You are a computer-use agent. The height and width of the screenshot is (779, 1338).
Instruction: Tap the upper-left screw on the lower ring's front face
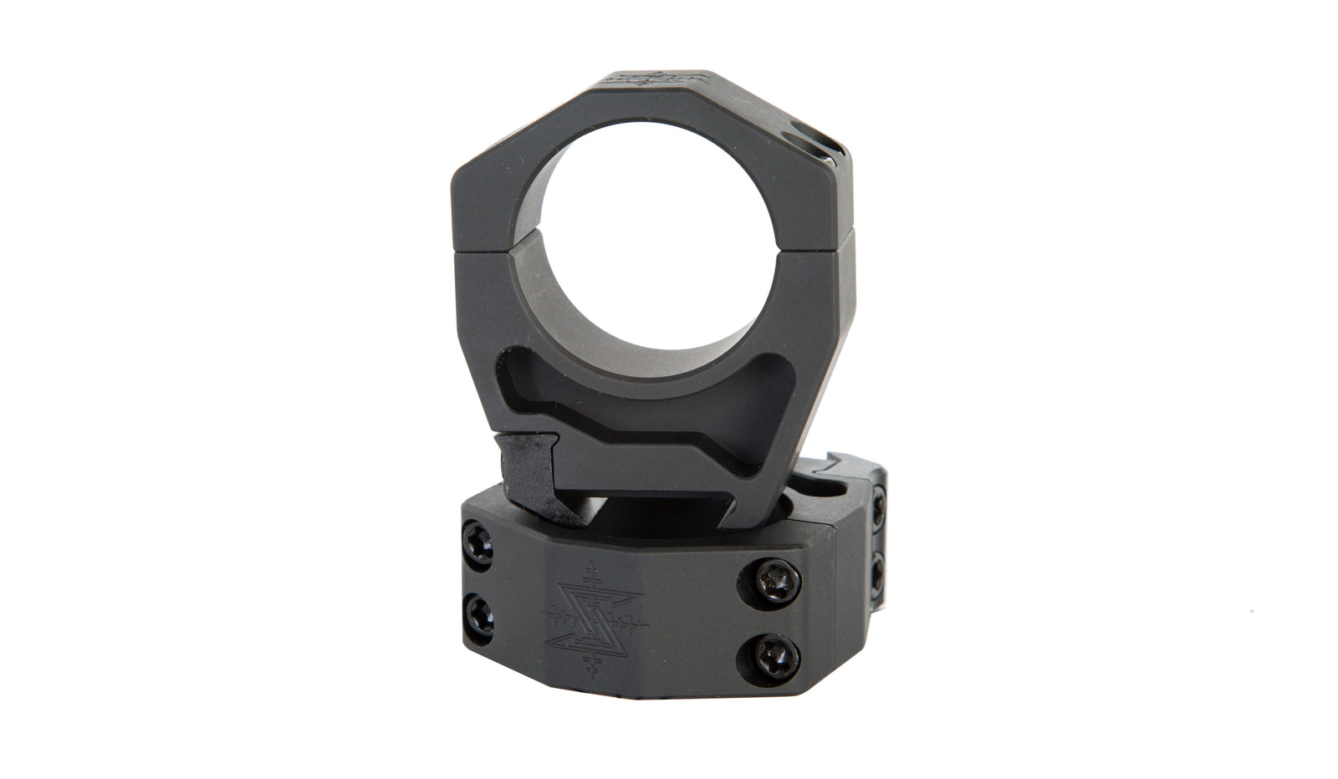pos(479,557)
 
